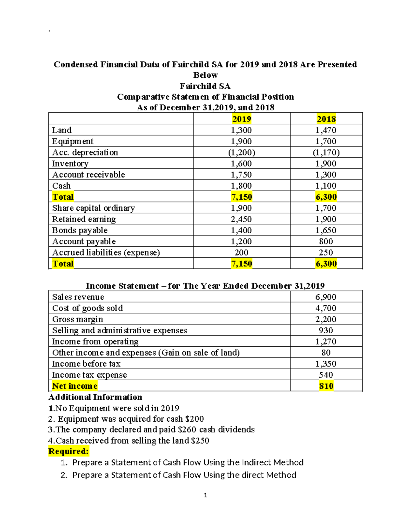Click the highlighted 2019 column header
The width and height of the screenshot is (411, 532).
point(241,119)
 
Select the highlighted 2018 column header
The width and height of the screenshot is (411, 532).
point(326,119)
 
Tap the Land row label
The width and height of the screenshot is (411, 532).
point(62,130)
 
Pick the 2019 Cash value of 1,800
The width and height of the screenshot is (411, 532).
point(241,186)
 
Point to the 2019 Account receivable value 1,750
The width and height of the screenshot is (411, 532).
point(241,175)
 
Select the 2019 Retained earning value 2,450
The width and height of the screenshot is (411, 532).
point(241,219)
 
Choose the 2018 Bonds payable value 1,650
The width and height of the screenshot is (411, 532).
point(326,230)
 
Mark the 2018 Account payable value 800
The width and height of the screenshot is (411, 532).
point(326,242)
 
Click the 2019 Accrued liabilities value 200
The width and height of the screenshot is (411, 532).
point(241,252)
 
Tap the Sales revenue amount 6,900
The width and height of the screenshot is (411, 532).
point(326,297)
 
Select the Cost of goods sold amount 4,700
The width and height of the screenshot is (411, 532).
point(326,308)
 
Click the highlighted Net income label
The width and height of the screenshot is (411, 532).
point(75,386)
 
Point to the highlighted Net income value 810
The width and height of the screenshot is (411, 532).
point(326,386)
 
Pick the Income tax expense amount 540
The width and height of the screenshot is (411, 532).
point(326,375)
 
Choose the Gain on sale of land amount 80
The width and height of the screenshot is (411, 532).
point(326,352)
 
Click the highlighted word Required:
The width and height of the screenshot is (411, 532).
point(68,451)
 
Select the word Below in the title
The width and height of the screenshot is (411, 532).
point(206,75)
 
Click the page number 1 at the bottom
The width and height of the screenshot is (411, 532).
point(205,495)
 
